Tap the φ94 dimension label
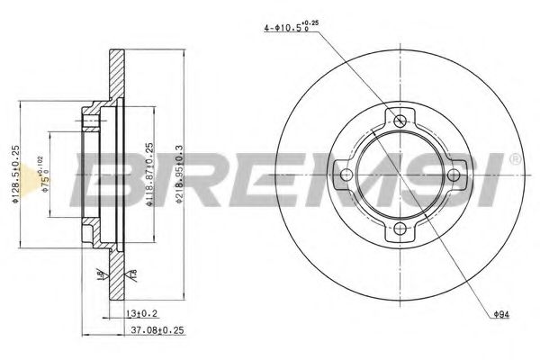coord(505,314)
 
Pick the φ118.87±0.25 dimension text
coord(149,175)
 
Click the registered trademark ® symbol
coord(515,160)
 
